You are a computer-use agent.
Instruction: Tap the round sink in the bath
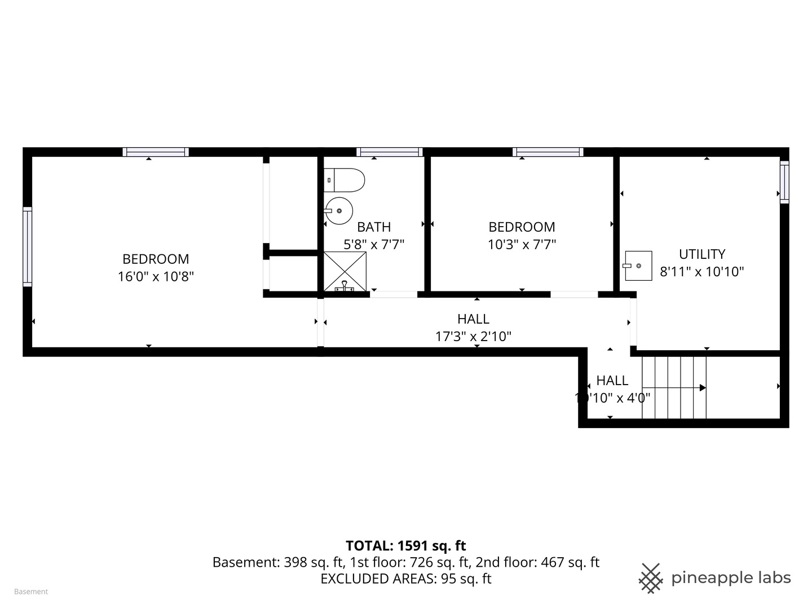click(339, 211)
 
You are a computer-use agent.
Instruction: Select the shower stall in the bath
click(345, 271)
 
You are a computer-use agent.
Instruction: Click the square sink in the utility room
click(638, 266)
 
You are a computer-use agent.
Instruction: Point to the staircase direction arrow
click(703, 387)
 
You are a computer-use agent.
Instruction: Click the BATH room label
click(374, 227)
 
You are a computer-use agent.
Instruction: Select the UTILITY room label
click(701, 254)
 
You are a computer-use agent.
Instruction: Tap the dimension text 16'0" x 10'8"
click(156, 276)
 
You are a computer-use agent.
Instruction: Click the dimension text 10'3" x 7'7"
click(522, 244)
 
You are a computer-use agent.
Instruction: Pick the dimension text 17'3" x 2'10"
click(473, 337)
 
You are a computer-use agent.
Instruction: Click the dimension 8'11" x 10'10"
click(701, 272)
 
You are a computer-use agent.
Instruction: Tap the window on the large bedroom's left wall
click(27, 246)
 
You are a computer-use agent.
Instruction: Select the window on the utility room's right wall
click(784, 182)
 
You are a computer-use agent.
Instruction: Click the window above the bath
click(390, 152)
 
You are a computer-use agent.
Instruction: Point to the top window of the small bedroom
click(548, 152)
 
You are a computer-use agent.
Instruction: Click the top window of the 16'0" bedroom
click(156, 152)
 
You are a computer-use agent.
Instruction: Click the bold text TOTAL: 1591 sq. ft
click(405, 545)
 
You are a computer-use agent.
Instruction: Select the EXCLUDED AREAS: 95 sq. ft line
click(405, 579)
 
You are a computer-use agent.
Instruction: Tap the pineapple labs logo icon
click(651, 578)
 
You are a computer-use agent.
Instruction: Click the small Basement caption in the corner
click(31, 592)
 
